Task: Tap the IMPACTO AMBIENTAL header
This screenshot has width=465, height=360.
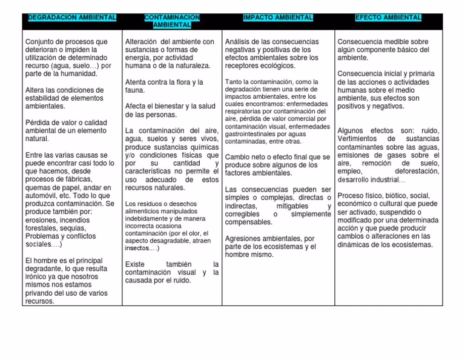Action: click(x=277, y=18)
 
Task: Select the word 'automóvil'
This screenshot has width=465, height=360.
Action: click(x=42, y=196)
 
